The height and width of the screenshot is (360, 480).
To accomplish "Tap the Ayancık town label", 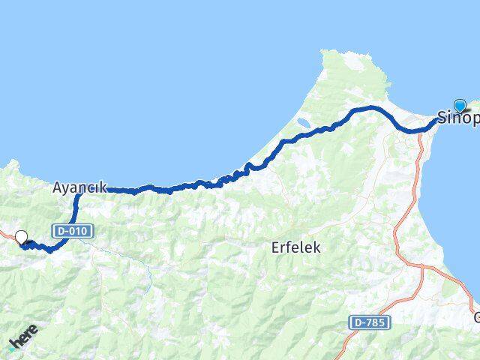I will coord(79,188).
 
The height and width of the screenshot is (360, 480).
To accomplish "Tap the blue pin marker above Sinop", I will coord(460,106).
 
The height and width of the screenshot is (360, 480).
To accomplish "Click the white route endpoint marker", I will coord(21,237).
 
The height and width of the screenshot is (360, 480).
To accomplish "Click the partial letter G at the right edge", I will coord(475,316).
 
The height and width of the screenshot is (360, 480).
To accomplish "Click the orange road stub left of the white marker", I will coord(6,235).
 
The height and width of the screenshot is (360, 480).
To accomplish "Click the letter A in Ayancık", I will coord(58,188).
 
